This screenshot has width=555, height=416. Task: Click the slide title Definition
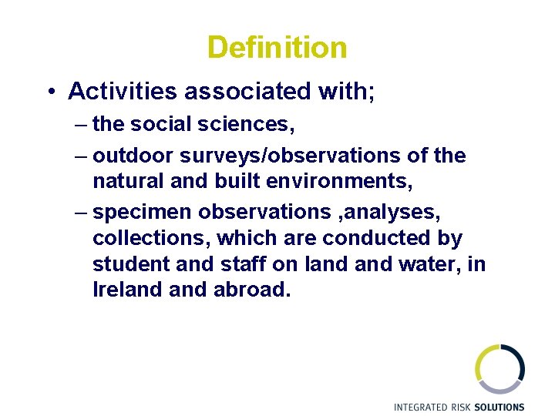[x=277, y=48]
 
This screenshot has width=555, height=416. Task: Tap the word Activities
[x=123, y=92]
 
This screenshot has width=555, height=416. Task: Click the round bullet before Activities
[x=49, y=92]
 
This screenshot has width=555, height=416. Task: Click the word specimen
[x=141, y=210]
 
